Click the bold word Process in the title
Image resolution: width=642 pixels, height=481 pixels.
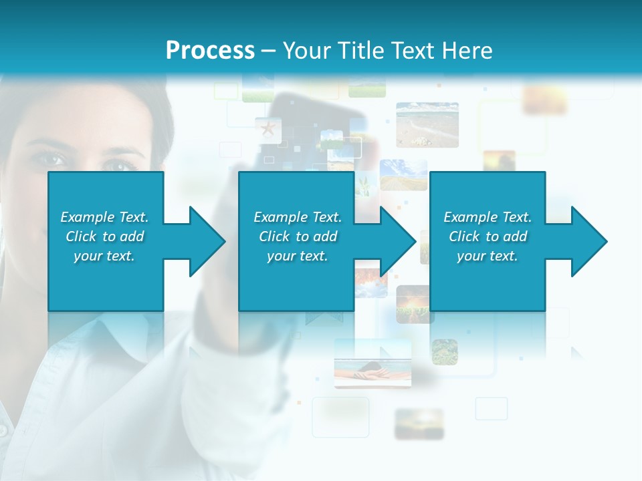(210, 51)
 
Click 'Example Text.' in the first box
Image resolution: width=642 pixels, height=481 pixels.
(104, 217)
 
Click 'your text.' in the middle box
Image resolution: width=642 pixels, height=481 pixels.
(297, 256)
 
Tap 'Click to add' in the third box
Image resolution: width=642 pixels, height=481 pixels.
(488, 236)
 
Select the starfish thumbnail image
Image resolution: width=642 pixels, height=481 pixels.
(268, 129)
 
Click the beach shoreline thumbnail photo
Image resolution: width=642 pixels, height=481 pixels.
(427, 124)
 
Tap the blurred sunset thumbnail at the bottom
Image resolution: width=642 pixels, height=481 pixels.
(419, 424)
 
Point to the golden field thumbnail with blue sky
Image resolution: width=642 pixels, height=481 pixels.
(403, 174)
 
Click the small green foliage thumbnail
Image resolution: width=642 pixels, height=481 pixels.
(444, 352)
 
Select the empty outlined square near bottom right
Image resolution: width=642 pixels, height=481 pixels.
(492, 408)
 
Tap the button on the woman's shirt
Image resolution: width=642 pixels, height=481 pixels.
(3, 428)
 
